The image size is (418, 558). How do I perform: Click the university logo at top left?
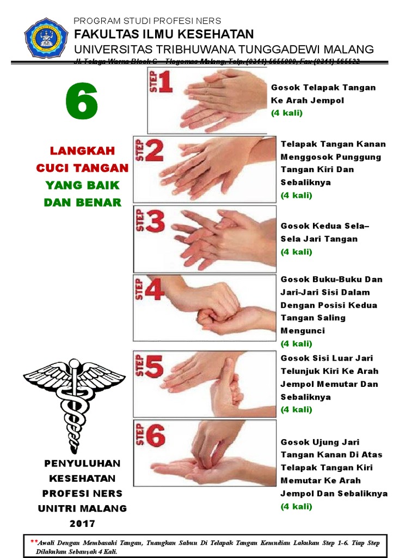click(46, 39)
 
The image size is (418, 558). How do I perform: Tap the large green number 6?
click(82, 102)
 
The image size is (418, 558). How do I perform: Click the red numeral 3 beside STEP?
click(155, 223)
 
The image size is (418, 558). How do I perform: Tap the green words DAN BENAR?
click(82, 203)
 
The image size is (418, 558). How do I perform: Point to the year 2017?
click(82, 524)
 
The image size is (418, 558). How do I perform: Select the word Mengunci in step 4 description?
click(302, 330)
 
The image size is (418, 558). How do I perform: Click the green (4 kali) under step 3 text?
click(296, 252)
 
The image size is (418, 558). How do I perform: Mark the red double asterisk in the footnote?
click(34, 542)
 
